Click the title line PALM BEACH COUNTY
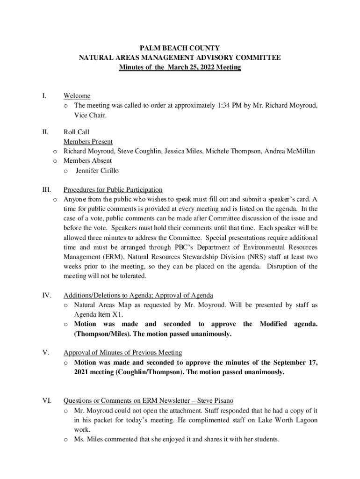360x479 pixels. pos(180,48)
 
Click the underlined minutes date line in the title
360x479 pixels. pos(180,67)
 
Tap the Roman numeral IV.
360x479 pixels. pos(46,295)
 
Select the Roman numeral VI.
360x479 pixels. pos(46,401)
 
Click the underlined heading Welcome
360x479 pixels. pos(77,96)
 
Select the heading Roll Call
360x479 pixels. pos(76,132)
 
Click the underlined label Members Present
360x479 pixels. pos(88,142)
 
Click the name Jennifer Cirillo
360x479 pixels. pos(97,171)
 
